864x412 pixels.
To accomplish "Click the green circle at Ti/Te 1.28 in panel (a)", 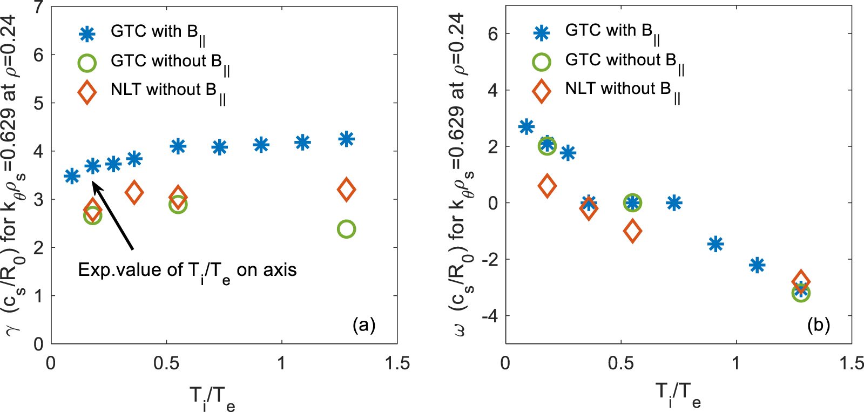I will click(346, 229).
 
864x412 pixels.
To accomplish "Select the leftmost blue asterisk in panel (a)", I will click(72, 176).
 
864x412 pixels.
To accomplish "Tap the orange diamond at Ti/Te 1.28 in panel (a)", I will click(346, 190).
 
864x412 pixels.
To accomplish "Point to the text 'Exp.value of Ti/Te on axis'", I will click(187, 270).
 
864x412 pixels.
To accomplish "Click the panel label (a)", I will click(363, 325).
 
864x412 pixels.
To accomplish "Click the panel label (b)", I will click(818, 325).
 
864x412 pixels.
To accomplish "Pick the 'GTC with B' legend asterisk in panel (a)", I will click(87, 34).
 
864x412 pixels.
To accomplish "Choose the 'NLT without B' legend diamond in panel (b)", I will click(542, 91).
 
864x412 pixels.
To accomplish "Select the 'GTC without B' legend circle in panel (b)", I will click(542, 62).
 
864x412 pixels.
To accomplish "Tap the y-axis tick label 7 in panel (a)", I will click(38, 8).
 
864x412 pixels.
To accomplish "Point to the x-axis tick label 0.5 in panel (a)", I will click(166, 363).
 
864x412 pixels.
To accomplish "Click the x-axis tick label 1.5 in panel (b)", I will click(852, 363).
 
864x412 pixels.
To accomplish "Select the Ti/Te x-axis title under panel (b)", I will click(678, 394).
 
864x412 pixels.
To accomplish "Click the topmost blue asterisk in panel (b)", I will click(526, 127).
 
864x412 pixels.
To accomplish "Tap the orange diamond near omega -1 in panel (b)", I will click(632, 231).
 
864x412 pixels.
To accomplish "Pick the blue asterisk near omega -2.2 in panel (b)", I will click(757, 265).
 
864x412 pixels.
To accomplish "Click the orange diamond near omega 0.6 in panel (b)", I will click(547, 186).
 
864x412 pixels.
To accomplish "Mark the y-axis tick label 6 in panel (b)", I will click(492, 33).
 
